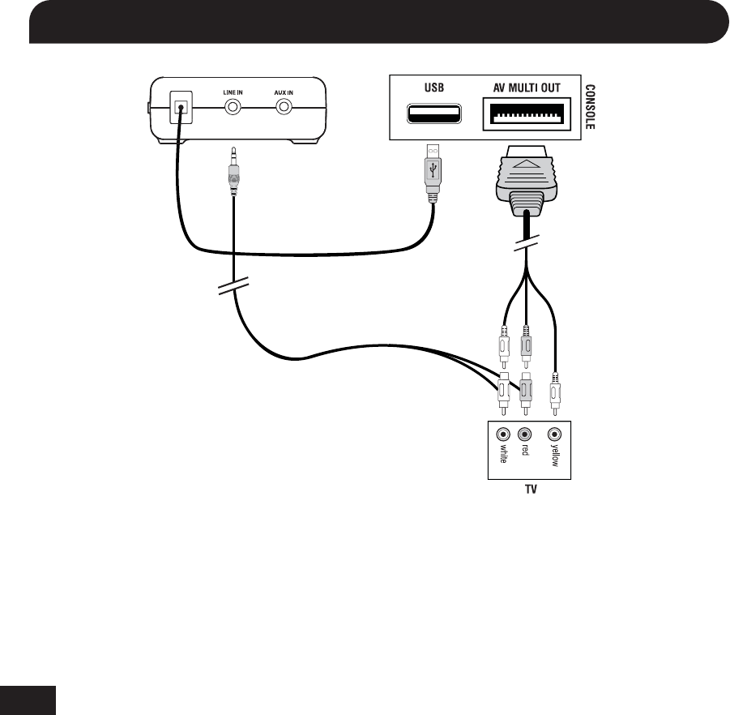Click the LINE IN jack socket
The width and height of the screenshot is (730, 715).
tap(233, 108)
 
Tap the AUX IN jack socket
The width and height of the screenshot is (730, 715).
tap(284, 108)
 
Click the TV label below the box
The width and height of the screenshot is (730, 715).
tap(527, 490)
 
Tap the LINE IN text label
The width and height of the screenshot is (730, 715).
tap(233, 92)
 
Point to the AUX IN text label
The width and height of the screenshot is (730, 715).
tap(284, 92)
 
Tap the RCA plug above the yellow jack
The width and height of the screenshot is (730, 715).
tap(555, 392)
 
